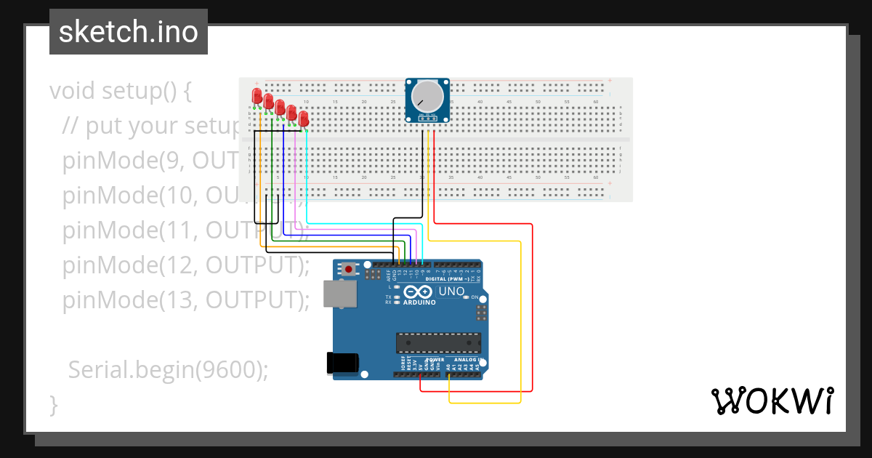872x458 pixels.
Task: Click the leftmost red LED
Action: tap(257, 95)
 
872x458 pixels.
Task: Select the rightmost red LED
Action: tap(304, 118)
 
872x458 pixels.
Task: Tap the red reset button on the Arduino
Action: tap(350, 269)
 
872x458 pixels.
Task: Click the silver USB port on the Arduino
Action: tap(339, 293)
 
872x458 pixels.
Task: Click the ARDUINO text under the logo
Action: tap(419, 302)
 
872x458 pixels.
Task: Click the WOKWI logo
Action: tap(772, 401)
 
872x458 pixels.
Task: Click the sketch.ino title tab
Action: tap(129, 32)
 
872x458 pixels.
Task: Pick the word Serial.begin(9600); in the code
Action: tap(168, 369)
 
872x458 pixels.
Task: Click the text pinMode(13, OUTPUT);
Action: tap(185, 300)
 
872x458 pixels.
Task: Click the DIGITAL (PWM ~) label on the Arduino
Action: tap(446, 279)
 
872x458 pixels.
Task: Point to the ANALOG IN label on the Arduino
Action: tap(466, 360)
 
